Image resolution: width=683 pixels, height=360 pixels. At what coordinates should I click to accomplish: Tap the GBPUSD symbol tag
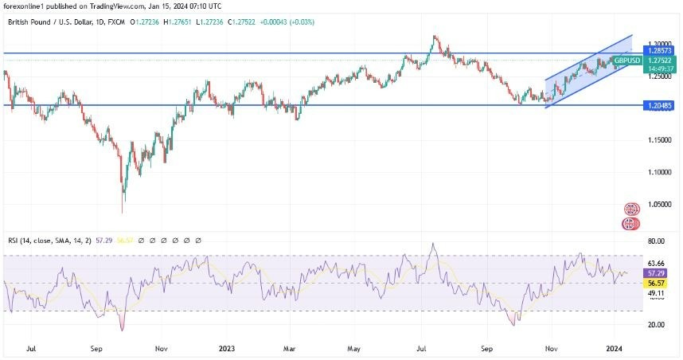[628, 61]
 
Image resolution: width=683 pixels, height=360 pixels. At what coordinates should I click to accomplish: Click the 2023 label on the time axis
[228, 348]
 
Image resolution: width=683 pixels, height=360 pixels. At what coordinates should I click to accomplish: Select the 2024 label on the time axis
[616, 348]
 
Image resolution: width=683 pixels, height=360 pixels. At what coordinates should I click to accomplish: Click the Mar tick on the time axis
[290, 348]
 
